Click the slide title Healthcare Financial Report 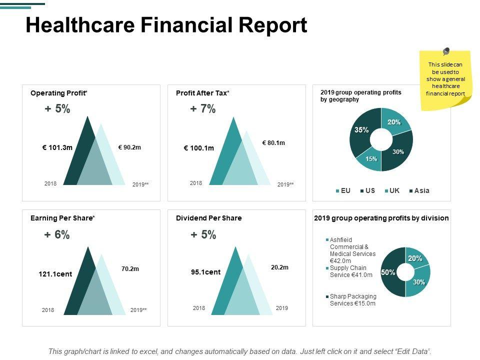166,25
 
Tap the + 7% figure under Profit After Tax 203,109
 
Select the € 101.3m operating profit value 57,147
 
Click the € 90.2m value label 129,147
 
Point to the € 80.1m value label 273,143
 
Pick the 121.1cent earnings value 55,274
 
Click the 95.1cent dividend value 205,272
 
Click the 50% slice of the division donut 389,272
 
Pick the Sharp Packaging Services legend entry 352,300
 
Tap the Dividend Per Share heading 208,218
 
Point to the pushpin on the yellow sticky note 446,51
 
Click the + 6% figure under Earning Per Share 57,235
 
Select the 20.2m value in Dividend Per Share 279,267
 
